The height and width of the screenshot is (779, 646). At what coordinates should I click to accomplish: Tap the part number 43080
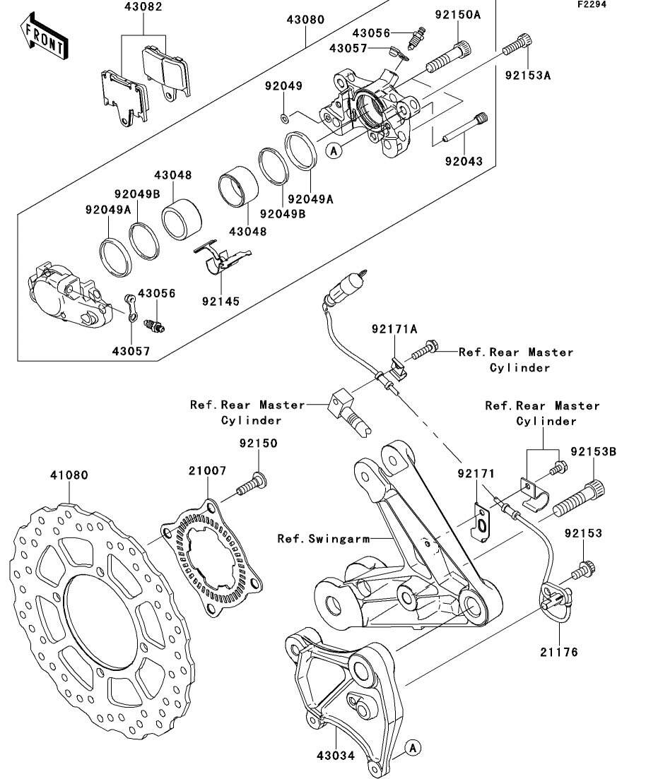coord(305,20)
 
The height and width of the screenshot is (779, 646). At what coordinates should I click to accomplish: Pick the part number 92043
coord(464,161)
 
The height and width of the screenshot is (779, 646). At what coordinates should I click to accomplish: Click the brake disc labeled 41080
coord(102,614)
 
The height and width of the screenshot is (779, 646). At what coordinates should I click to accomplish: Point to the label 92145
coord(219,302)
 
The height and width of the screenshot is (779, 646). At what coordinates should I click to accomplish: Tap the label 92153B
coord(593,450)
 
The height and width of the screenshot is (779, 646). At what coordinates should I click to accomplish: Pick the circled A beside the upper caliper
coord(334,150)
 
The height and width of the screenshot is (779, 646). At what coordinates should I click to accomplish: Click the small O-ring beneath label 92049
coord(283,115)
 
